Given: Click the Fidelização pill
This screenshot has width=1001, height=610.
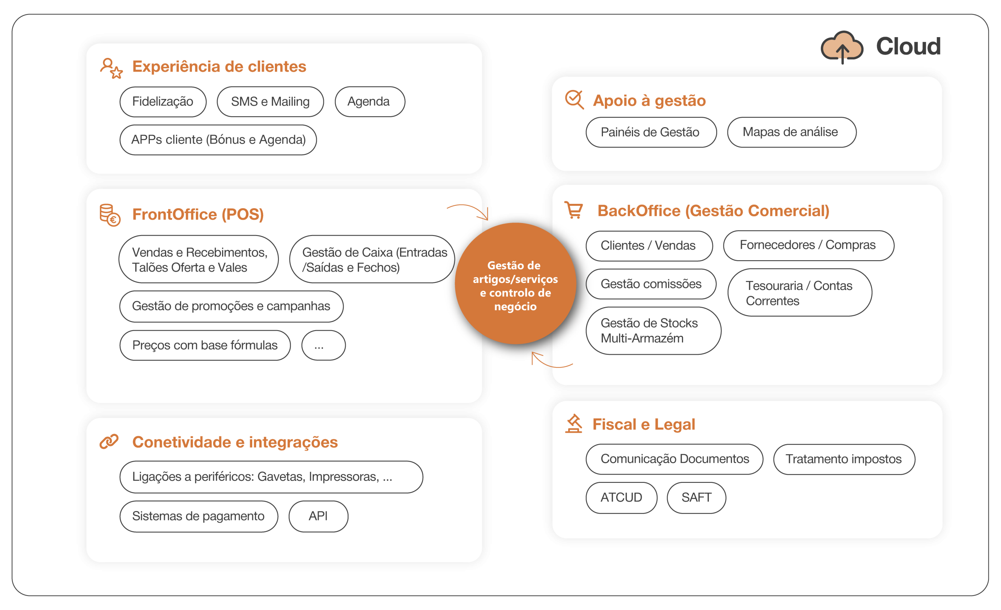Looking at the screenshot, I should (163, 102).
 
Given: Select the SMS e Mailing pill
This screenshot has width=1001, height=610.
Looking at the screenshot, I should (270, 102).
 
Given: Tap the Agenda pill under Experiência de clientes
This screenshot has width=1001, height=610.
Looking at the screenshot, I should (369, 102).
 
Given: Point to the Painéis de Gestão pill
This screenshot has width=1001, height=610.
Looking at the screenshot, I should (650, 133).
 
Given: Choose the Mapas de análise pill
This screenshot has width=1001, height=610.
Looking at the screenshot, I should (791, 133).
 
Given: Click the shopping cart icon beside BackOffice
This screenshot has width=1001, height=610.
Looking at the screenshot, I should (574, 210).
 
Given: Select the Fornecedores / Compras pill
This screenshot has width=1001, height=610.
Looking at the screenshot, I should (808, 245).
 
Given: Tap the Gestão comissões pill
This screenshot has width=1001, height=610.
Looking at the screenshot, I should (650, 284).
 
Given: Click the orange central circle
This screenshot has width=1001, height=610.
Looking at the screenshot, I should (515, 284).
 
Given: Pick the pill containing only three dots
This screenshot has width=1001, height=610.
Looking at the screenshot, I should (323, 345).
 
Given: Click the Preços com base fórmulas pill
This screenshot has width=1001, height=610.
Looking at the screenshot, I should (205, 345).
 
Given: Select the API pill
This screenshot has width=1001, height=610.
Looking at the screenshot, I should (318, 516).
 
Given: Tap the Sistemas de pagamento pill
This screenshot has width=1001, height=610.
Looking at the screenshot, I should (199, 516).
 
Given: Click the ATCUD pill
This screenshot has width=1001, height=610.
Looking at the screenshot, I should (621, 497).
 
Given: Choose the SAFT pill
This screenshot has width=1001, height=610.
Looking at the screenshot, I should (696, 497).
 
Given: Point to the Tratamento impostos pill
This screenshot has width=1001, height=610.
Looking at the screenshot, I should (843, 459).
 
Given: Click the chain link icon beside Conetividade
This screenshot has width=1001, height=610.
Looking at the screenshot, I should (109, 441).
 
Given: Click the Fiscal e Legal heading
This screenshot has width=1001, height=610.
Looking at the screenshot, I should (644, 424).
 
